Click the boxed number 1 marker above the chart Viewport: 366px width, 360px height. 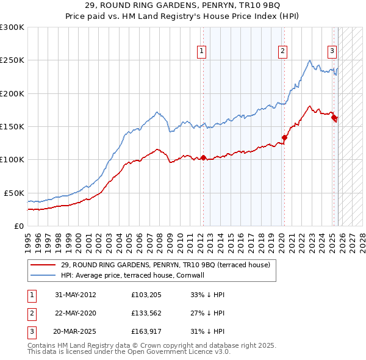[201, 52]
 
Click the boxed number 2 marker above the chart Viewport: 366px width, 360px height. [283, 52]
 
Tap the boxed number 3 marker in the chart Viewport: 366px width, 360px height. [332, 52]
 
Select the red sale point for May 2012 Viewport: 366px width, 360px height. [203, 157]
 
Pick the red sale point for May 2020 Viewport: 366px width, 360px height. [284, 137]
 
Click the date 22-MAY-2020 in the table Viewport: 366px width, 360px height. [76, 313]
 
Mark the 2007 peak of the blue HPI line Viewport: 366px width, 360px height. [157, 112]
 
